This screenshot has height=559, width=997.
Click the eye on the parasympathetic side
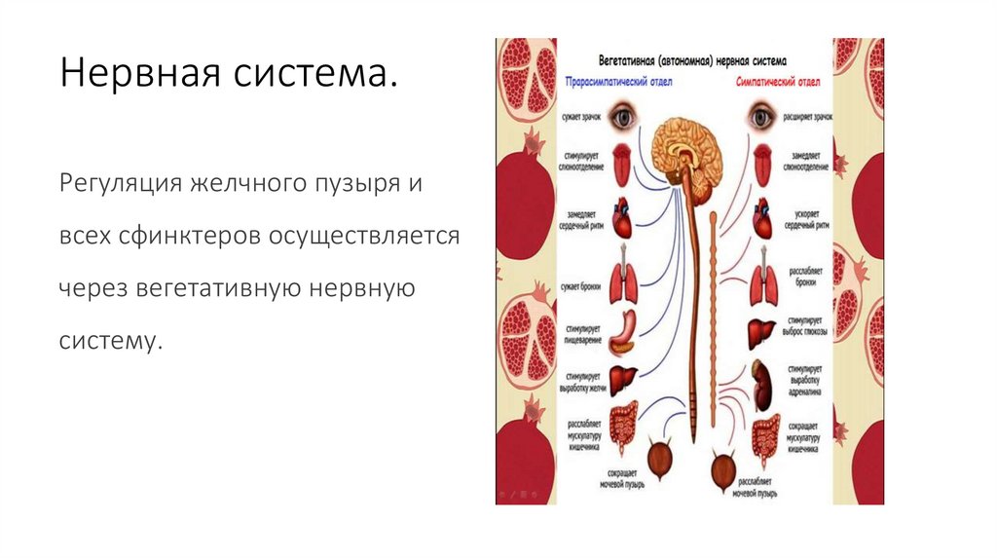tap(624, 118)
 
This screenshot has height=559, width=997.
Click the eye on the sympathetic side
tap(760, 118)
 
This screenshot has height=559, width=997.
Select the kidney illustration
tap(761, 384)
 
